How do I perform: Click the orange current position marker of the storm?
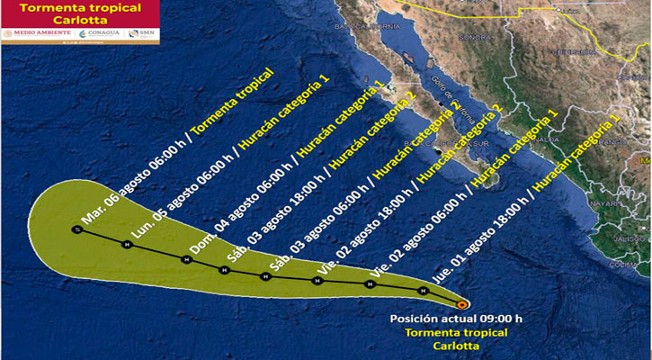coord(461,303)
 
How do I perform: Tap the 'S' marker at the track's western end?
coord(77,230)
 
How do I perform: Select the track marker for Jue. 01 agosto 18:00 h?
coord(423,291)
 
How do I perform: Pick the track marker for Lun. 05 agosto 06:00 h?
coord(127,244)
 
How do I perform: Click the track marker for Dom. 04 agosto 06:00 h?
coord(185,260)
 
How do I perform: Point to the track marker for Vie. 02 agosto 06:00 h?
coord(370,284)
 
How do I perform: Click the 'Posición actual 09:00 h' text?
coord(442,319)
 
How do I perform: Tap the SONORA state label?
coord(475,38)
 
